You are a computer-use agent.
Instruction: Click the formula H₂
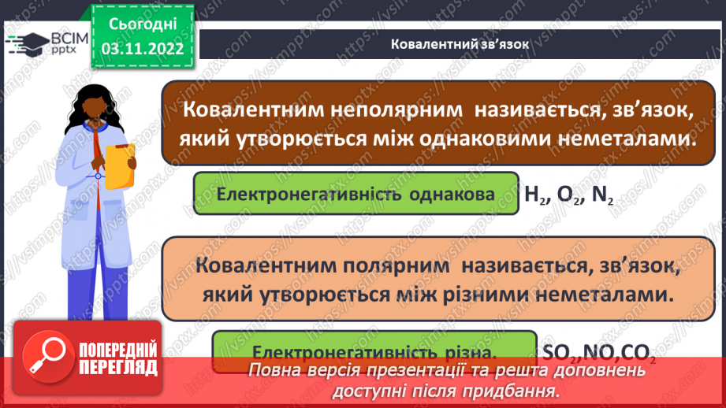point(536,193)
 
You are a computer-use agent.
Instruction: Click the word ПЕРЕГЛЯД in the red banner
point(117,367)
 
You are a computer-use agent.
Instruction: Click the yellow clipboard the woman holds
point(121,161)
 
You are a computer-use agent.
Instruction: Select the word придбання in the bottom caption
point(508,391)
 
